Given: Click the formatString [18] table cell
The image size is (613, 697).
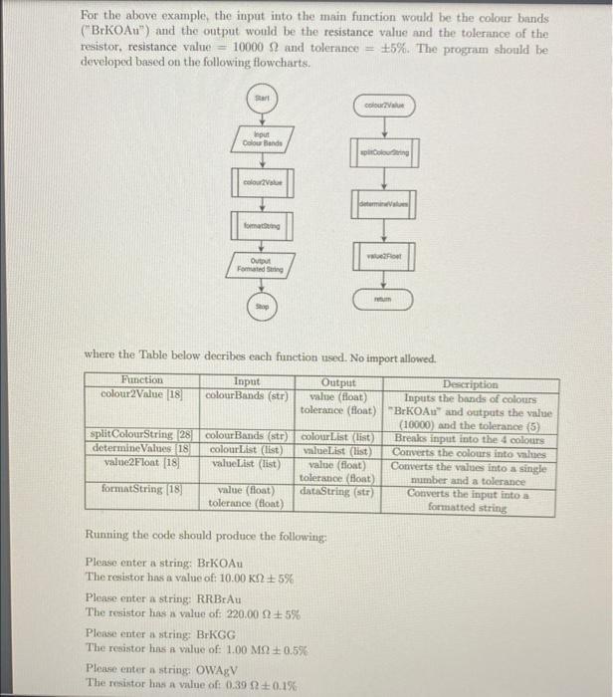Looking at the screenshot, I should (x=138, y=488).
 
